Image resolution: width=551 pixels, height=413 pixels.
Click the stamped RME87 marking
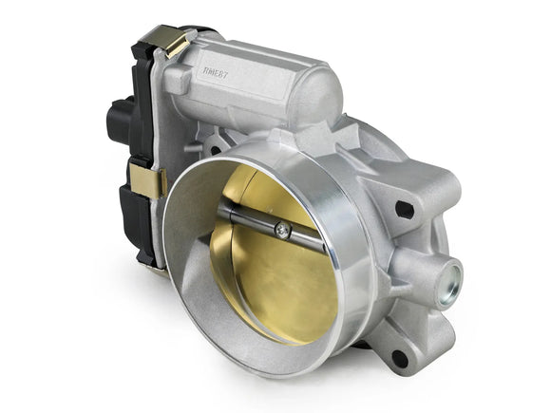[221, 70]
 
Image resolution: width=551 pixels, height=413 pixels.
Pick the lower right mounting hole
[400, 359]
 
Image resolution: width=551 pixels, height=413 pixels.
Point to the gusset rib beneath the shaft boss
[424, 328]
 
